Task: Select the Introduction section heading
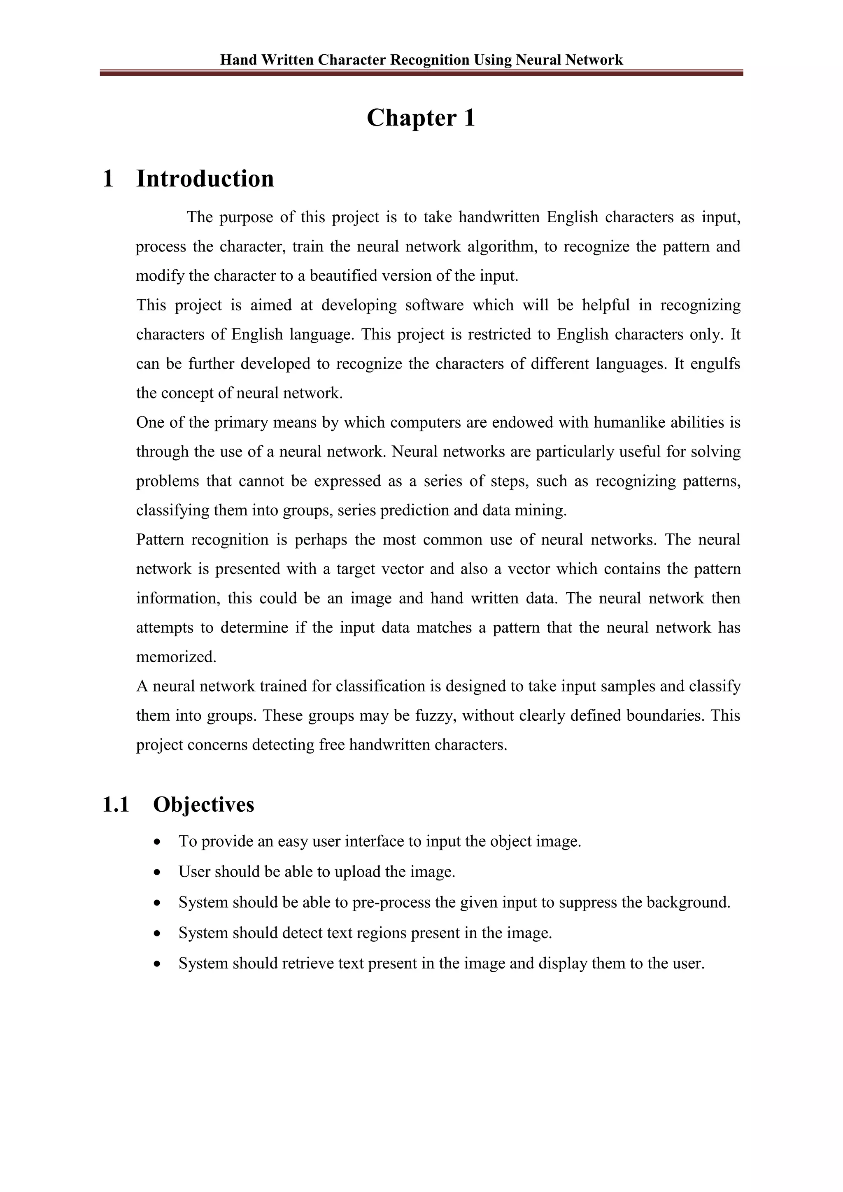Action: (x=205, y=179)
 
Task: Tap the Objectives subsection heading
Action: (x=203, y=805)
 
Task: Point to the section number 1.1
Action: (x=115, y=805)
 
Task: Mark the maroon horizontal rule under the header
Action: (x=421, y=74)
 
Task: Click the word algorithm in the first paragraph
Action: (x=501, y=247)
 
